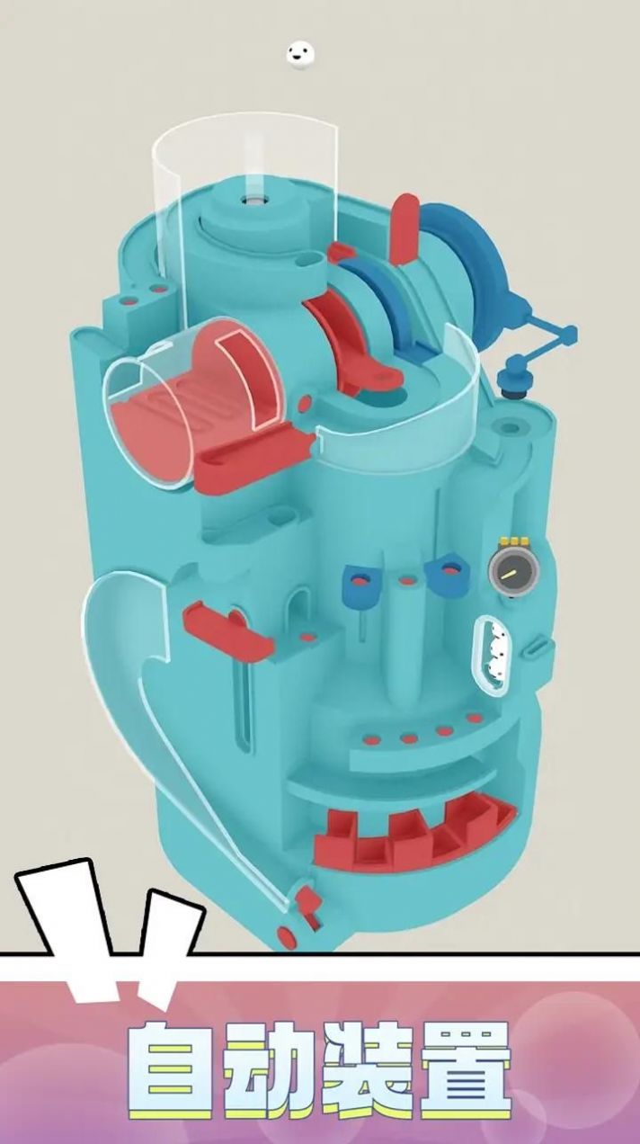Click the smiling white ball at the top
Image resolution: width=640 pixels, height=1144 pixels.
[x=300, y=53]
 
